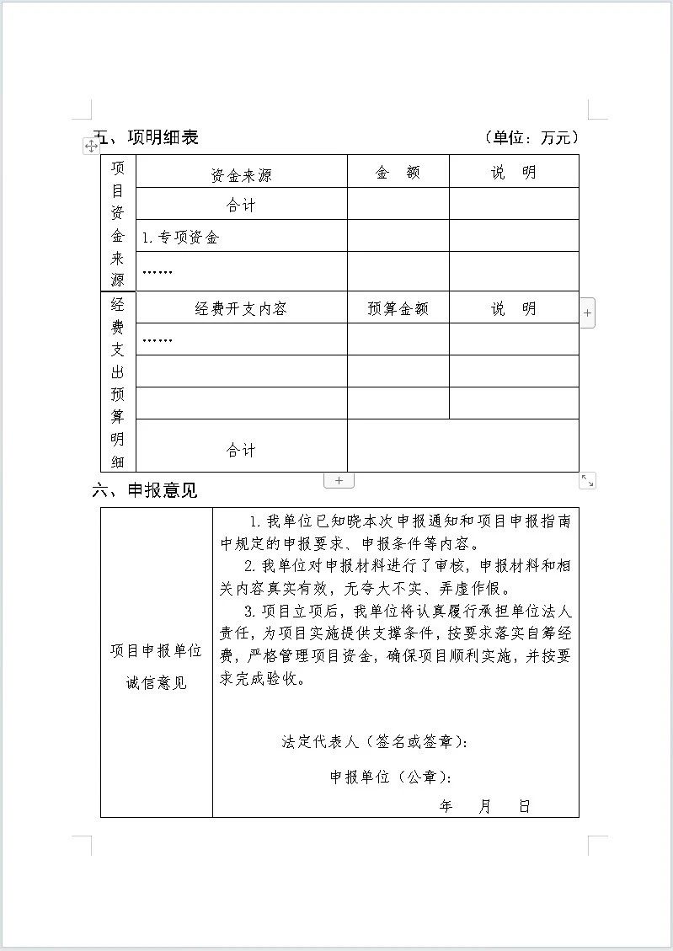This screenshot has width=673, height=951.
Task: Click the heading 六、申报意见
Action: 144,490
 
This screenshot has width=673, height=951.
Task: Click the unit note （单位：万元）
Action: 532,137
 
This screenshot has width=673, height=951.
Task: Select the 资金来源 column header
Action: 241,175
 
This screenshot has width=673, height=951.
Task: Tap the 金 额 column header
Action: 398,174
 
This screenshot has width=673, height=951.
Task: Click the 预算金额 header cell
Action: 398,309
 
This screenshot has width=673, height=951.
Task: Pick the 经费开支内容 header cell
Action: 241,309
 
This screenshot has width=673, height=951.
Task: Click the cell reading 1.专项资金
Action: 180,238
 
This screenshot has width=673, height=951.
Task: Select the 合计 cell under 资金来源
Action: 241,206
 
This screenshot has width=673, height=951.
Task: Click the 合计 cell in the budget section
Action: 241,451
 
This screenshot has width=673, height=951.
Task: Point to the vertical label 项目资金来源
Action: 118,223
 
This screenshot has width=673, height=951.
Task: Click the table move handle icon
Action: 91,147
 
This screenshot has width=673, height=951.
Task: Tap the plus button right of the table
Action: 587,313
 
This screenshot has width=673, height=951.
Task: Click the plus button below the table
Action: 339,480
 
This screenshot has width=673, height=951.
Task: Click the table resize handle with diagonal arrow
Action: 587,480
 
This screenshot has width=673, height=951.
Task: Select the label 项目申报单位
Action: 157,651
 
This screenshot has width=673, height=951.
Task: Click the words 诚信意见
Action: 157,682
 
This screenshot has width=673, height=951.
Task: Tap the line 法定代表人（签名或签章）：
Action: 374,742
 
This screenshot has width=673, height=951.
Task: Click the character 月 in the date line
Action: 484,806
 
